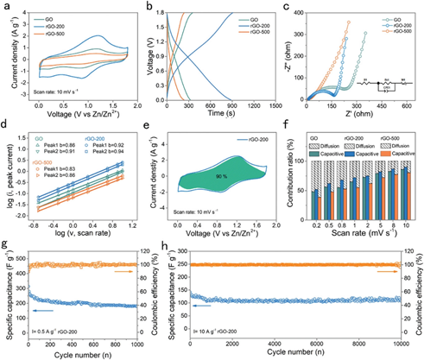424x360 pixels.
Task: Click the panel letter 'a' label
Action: point(5,7)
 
